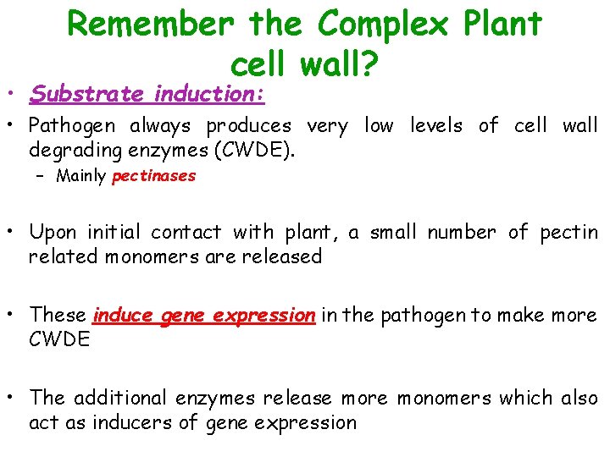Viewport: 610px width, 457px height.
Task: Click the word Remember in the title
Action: point(150,24)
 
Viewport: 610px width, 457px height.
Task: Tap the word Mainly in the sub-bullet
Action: point(81,176)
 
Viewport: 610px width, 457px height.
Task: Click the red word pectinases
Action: point(153,176)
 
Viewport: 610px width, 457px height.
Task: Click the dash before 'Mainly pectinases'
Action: point(42,176)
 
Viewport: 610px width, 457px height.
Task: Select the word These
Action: point(58,315)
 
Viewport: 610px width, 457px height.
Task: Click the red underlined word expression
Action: point(263,315)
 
